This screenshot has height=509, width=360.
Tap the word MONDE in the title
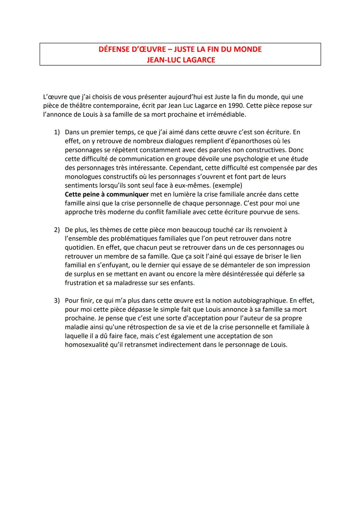click(x=245, y=49)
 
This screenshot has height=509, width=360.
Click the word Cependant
click(x=186, y=168)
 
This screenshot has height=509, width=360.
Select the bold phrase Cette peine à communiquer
click(x=107, y=194)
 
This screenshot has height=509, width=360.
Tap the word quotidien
click(x=80, y=248)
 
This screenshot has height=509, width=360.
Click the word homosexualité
click(x=86, y=345)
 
